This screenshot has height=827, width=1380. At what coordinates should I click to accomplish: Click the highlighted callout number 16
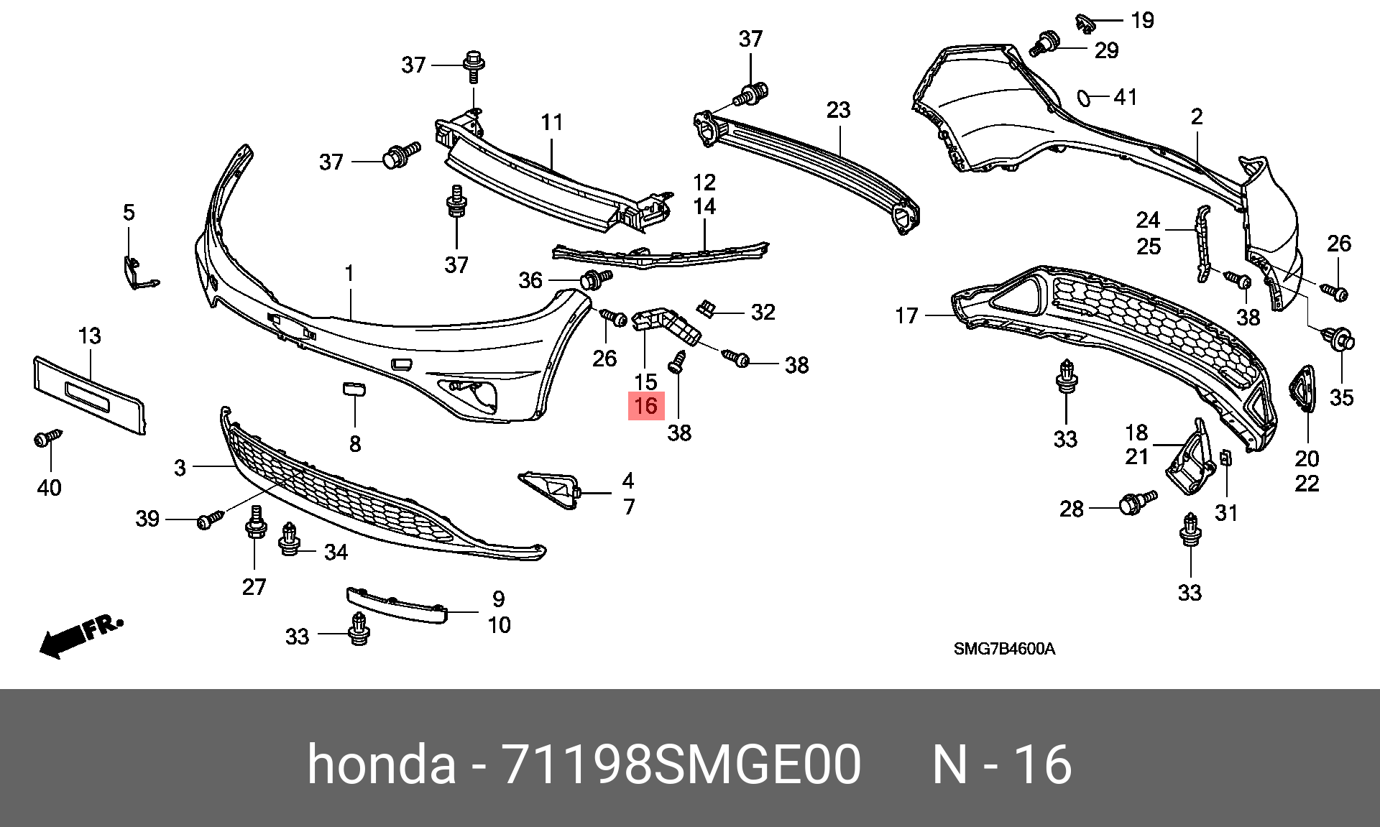click(x=646, y=406)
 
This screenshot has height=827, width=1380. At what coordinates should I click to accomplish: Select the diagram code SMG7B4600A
click(x=1004, y=649)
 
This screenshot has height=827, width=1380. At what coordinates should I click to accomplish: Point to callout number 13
click(x=90, y=336)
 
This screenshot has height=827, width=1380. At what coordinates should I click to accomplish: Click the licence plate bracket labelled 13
click(x=89, y=396)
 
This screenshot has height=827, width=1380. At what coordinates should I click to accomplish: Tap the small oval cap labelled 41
click(x=1084, y=98)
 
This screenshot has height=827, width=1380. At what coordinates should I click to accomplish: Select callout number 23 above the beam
click(x=838, y=110)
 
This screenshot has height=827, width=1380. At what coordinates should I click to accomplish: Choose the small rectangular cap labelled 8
click(x=354, y=389)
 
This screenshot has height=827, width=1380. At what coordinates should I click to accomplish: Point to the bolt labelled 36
click(x=595, y=279)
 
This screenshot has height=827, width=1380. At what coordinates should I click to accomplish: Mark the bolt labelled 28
click(x=1138, y=502)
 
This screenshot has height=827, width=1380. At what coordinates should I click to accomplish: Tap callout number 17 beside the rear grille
click(x=906, y=315)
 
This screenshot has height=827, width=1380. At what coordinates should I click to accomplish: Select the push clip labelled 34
click(x=289, y=540)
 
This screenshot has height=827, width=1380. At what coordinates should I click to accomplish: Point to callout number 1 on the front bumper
click(x=349, y=274)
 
